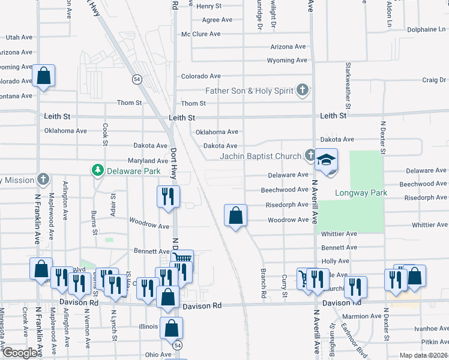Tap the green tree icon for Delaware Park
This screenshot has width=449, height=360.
(x=98, y=171)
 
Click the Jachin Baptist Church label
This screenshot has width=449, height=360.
(x=260, y=157)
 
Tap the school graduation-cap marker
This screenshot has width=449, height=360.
(x=327, y=161)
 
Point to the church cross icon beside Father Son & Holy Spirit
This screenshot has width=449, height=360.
(x=303, y=91)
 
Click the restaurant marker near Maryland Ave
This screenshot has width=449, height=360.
(x=167, y=196)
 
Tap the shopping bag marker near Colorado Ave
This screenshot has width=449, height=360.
(x=44, y=76)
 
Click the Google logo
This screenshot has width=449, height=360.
(x=20, y=353)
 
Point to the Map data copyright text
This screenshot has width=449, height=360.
(x=423, y=355)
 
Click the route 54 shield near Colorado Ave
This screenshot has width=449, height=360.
(x=137, y=79)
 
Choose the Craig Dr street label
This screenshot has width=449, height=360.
(x=434, y=80)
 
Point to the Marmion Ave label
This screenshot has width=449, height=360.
(x=359, y=316)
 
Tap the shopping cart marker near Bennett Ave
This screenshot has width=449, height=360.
(x=183, y=260)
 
